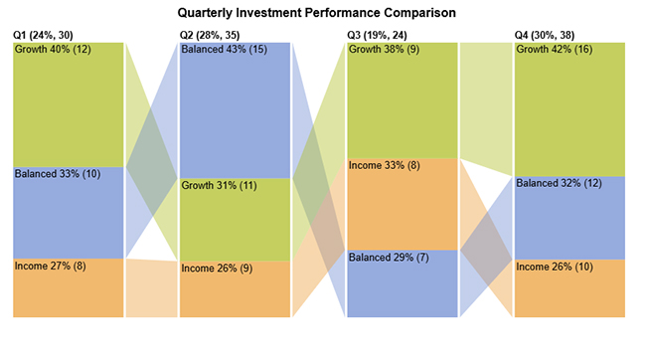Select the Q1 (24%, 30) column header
47,35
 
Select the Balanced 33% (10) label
58,173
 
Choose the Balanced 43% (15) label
225,49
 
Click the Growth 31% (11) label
220,185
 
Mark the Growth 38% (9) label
383,49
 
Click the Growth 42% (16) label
554,49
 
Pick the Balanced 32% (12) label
559,183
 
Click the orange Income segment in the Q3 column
402,209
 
